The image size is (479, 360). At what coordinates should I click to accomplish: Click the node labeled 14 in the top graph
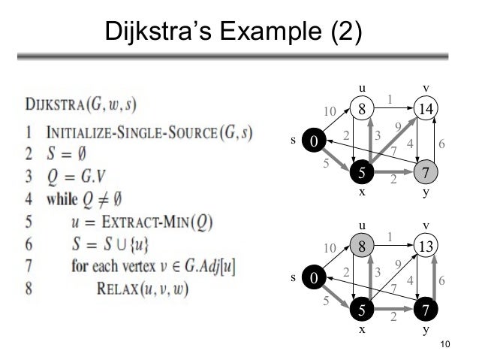click(426, 108)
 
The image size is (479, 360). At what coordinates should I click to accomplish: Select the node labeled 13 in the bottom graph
click(426, 246)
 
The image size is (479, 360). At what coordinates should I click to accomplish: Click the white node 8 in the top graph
click(362, 108)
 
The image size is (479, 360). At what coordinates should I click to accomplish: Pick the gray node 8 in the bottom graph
click(362, 246)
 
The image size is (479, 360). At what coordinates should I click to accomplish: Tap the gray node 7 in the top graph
click(426, 173)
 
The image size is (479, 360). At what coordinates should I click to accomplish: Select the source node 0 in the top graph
click(313, 141)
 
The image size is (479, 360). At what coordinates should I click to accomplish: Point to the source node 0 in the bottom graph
click(313, 278)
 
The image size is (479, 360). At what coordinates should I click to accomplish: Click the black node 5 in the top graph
click(362, 173)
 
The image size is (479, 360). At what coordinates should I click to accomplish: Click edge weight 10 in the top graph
click(330, 111)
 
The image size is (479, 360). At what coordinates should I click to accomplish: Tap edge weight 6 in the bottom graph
click(441, 280)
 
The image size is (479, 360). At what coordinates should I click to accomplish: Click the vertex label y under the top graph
click(426, 192)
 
